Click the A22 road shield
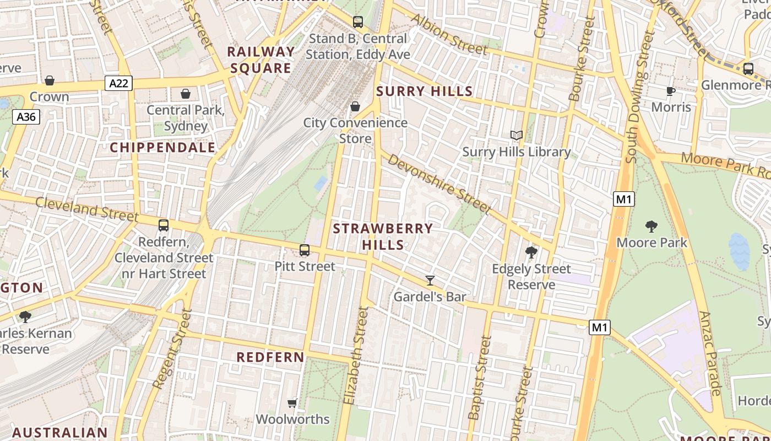[x=118, y=83]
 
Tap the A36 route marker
[x=26, y=117]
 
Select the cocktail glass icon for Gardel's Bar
[x=430, y=281]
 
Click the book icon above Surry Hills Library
[x=516, y=136]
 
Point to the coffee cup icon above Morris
[x=670, y=91]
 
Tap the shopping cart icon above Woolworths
[x=292, y=404]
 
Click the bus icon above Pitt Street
[x=305, y=250]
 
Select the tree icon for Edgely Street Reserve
[x=531, y=252]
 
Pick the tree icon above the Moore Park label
[x=651, y=226]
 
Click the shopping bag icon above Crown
[x=50, y=80]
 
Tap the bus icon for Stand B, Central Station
[x=358, y=22]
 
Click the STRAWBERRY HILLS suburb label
[x=383, y=236]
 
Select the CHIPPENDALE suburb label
[x=162, y=148]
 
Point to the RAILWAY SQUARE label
[x=261, y=60]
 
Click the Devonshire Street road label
[x=439, y=184]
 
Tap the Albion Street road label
[x=449, y=35]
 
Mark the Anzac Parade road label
[x=709, y=353]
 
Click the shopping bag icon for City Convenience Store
[x=355, y=106]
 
